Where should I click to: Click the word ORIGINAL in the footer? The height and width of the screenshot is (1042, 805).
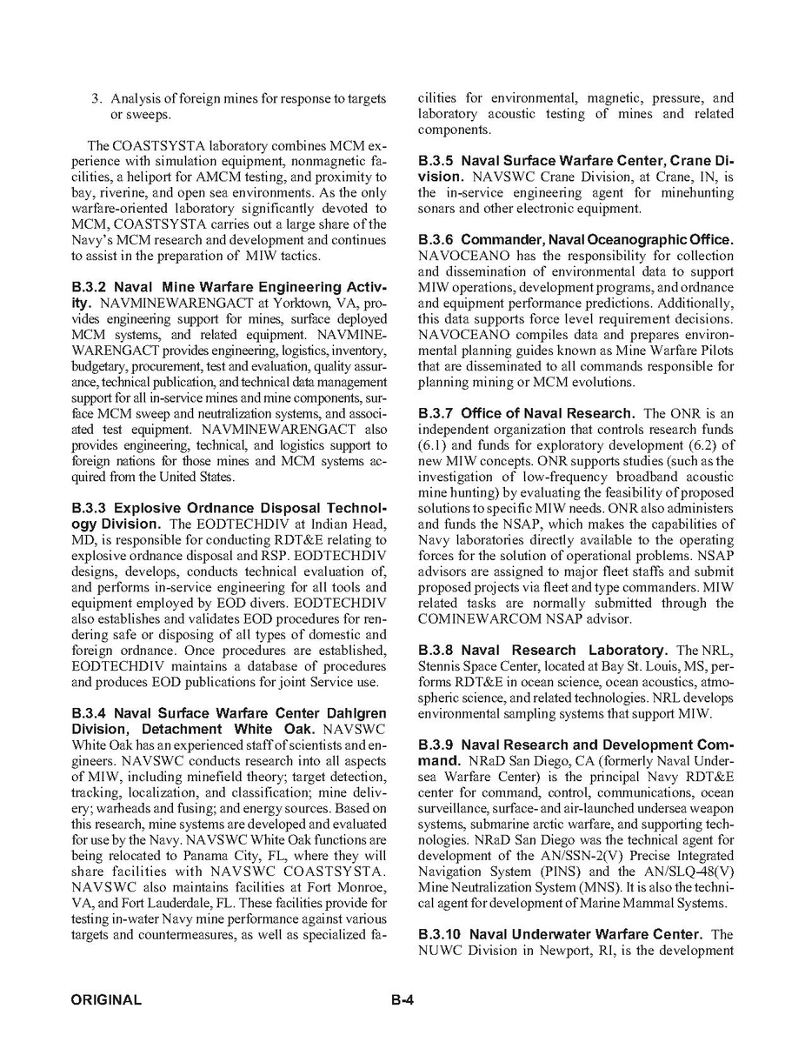point(106,1000)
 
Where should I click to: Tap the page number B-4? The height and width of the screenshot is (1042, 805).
point(402,1000)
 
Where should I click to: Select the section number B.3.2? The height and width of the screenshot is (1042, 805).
point(90,287)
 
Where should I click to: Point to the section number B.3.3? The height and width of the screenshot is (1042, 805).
point(90,507)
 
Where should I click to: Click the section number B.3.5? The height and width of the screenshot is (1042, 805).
point(436,161)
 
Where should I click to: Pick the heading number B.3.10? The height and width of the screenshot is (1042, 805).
point(440,934)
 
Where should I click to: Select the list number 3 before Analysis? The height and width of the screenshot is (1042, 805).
point(96,98)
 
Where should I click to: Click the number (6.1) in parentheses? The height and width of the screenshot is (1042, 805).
point(433,444)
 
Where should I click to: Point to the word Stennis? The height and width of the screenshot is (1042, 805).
point(442,666)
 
